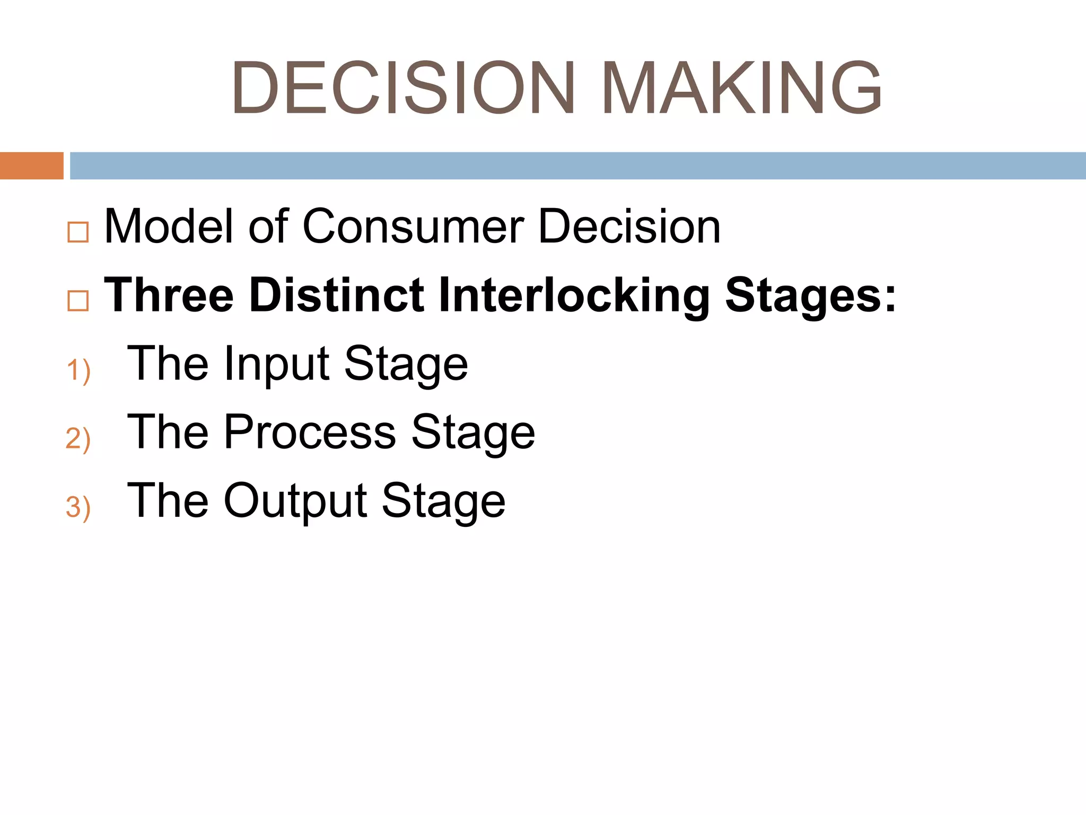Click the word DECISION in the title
(403, 88)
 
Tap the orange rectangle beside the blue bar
(31, 166)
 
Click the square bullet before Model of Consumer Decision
(78, 232)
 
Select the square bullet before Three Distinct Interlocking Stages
(78, 301)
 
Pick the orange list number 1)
(78, 370)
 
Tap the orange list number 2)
(78, 438)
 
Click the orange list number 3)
(78, 507)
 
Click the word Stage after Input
(406, 366)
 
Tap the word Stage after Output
(443, 502)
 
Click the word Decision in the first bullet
(629, 227)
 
